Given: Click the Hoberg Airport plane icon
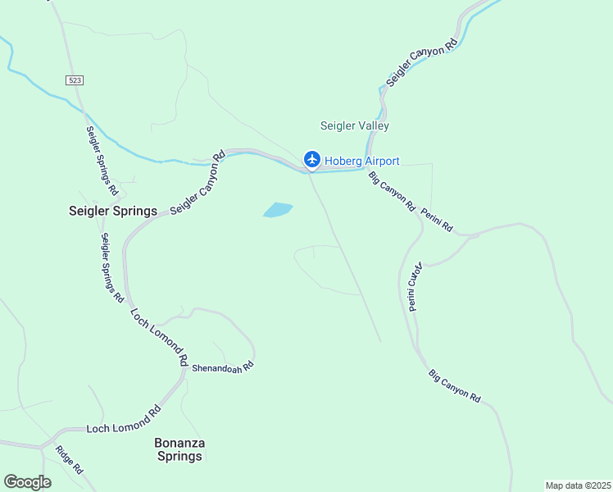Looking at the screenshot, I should point(311,159).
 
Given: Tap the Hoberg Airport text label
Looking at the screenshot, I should point(362,161).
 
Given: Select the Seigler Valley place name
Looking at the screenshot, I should point(354,126).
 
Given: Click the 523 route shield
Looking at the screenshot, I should point(75,79).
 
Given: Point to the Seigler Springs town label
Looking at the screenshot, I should point(112,211).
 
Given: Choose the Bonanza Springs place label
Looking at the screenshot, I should point(179,449).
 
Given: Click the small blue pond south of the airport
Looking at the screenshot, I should point(278,211).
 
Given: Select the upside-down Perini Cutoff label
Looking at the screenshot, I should point(414,287).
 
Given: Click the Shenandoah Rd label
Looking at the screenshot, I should point(223,367).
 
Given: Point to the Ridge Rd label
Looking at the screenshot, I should point(70,459).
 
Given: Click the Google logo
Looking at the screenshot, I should point(27,482).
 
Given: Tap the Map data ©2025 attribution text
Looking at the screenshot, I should point(578,485).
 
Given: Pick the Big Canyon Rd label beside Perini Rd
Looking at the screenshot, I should point(391,192).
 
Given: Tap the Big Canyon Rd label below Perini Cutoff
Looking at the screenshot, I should point(454,385).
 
